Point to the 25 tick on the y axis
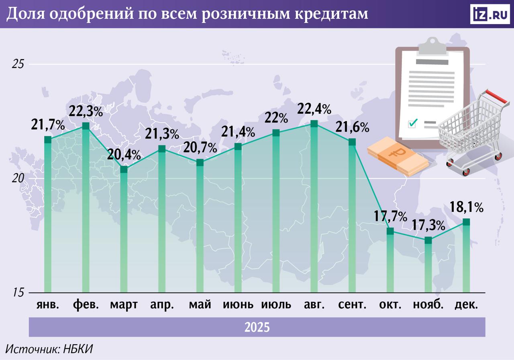pyautogui.click(x=18, y=64)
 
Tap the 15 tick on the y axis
pyautogui.click(x=18, y=292)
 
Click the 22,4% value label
pyautogui.click(x=314, y=108)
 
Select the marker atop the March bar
pyautogui.click(x=124, y=169)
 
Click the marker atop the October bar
pyautogui.click(x=390, y=231)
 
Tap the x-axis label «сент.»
pyautogui.click(x=352, y=305)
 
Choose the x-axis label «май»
pyautogui.click(x=200, y=305)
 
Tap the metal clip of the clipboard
pyautogui.click(x=432, y=46)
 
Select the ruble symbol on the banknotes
pyautogui.click(x=398, y=153)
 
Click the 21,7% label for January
pyautogui.click(x=48, y=125)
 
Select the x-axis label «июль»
pyautogui.click(x=276, y=305)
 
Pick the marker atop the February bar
pyautogui.click(x=86, y=126)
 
